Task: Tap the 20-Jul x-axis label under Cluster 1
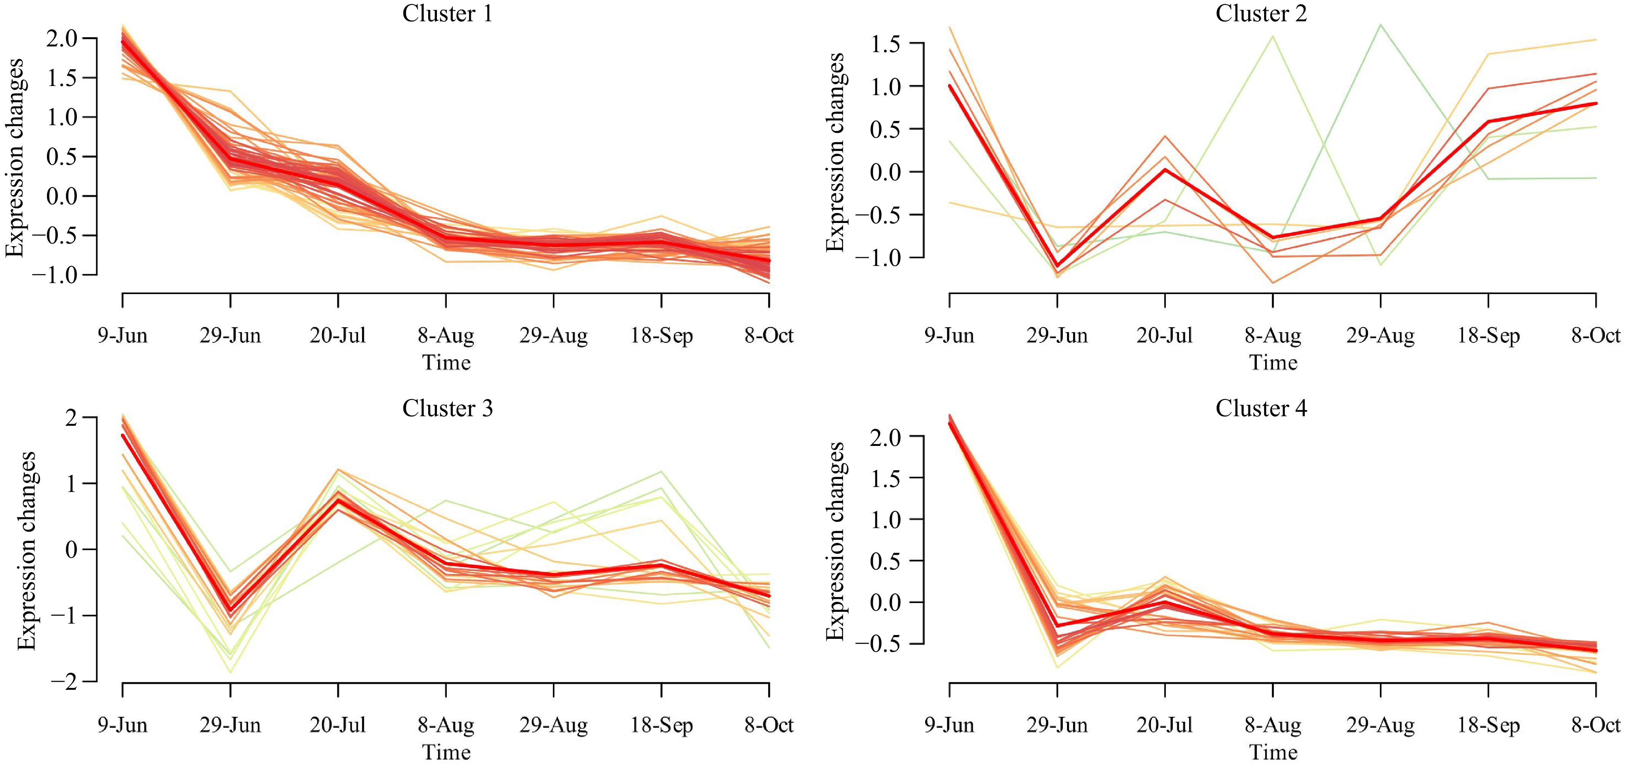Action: (x=338, y=335)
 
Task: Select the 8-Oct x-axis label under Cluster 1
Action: (x=768, y=335)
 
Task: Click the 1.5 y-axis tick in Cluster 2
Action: (x=887, y=44)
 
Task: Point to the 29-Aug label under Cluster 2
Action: (x=1380, y=335)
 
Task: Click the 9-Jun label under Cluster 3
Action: (x=122, y=725)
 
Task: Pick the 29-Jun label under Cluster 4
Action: (x=1057, y=725)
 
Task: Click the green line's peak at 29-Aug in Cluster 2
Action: (x=1380, y=25)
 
